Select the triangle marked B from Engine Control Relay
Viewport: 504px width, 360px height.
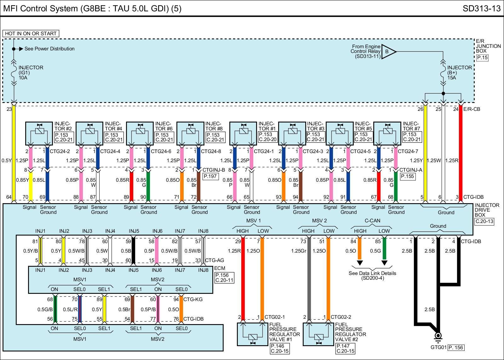click(388, 51)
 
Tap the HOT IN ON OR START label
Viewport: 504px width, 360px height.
click(31, 33)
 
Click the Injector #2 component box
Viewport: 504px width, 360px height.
click(39, 133)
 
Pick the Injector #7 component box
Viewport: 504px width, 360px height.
click(387, 133)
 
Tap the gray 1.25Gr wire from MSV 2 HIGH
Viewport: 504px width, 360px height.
click(309, 277)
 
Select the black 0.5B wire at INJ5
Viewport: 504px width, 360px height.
click(133, 251)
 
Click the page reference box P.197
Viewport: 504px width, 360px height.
click(210, 176)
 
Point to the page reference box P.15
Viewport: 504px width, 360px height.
click(482, 58)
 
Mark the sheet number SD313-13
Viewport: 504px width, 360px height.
click(481, 9)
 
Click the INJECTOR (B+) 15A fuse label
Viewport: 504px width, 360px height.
click(459, 72)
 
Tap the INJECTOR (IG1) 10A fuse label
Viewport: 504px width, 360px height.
click(31, 72)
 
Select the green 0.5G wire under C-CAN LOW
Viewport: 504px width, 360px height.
click(384, 249)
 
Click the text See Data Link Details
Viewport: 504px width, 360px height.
click(372, 273)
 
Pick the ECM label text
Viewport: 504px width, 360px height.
click(220, 269)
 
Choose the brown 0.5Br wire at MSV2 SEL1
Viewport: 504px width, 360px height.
click(132, 309)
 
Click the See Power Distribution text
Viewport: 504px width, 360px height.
click(49, 49)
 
